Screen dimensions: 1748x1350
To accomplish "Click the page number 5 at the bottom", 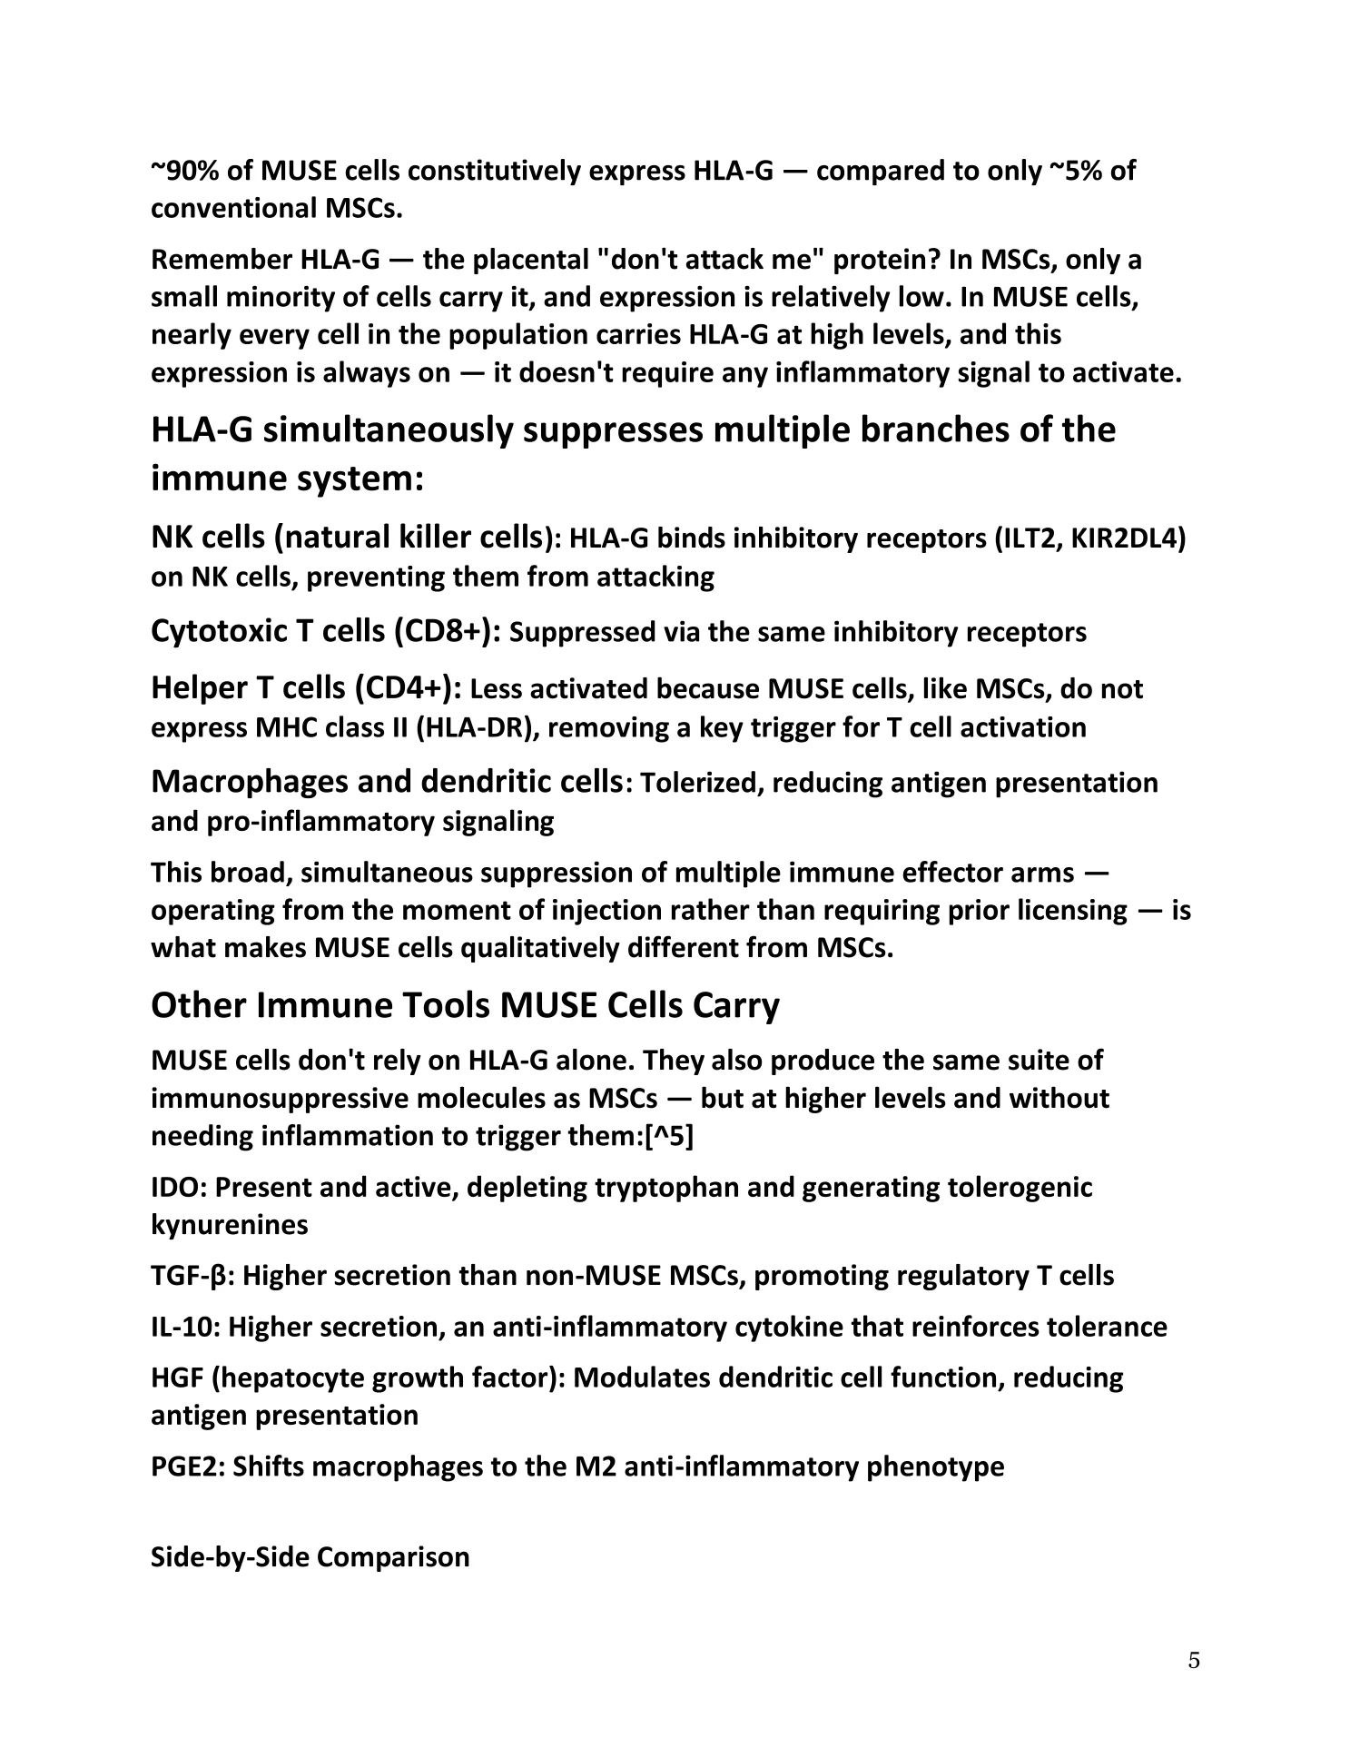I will tap(1193, 1661).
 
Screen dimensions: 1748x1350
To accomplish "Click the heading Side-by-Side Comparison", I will tap(310, 1557).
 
